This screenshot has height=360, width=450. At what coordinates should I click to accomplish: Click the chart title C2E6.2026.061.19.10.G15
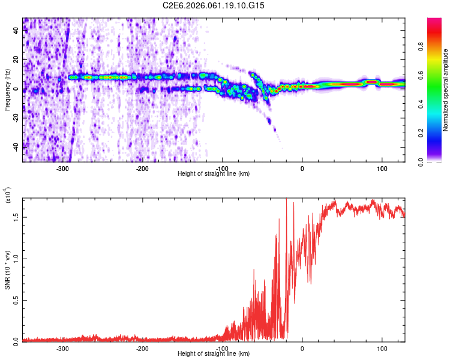point(214,5)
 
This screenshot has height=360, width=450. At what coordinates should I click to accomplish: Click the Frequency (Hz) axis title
point(7,90)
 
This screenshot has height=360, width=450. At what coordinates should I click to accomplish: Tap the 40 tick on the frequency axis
point(16,32)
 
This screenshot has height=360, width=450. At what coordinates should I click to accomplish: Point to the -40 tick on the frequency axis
point(16,146)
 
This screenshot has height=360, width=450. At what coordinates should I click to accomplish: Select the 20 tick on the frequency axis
point(16,61)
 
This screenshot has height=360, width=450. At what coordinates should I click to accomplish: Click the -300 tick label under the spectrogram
point(62,169)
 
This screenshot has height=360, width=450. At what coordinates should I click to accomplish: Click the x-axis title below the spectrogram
point(214,174)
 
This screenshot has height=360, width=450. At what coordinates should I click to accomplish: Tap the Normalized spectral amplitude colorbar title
point(446,90)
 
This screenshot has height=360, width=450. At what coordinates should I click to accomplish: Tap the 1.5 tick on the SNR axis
point(16,217)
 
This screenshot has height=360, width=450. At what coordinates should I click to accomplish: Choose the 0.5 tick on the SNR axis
point(16,299)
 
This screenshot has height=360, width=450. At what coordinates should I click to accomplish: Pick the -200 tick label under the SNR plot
point(142,348)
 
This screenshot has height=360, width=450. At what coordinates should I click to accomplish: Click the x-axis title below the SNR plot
point(214,354)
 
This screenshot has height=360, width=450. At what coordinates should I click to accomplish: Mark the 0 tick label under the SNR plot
point(302,348)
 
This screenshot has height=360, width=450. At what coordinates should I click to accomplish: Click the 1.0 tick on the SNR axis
point(16,258)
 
